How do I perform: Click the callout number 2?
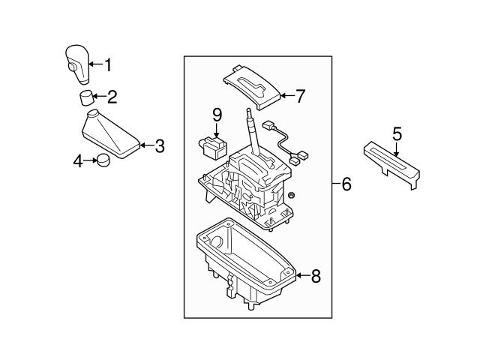tap(112, 96)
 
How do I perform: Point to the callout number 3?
tap(159, 146)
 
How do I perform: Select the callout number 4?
tap(77, 160)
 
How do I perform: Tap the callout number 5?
tap(397, 133)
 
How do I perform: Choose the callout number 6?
tap(346, 184)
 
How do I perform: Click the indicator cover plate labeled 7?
tap(253, 84)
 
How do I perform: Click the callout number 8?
tap(315, 277)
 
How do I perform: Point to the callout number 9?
tap(217, 115)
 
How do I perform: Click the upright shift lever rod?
tap(253, 131)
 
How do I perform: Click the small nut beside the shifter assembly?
tap(290, 195)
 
